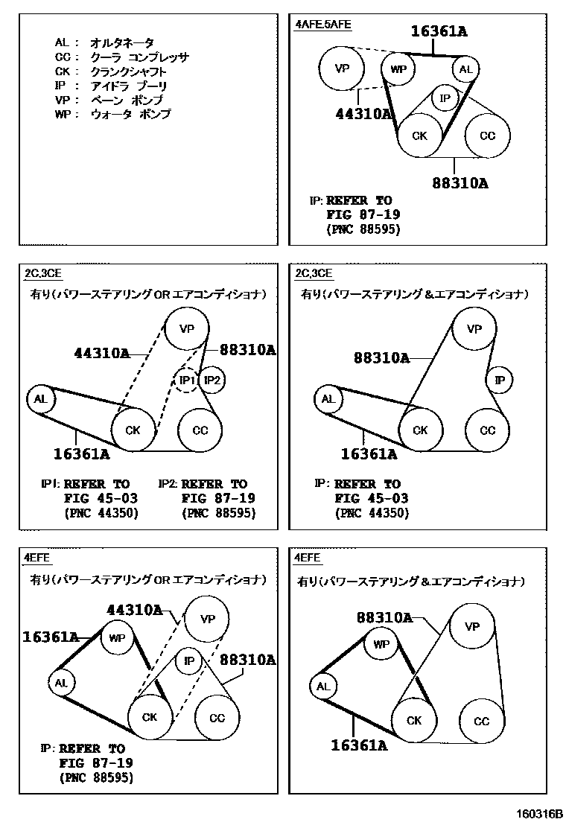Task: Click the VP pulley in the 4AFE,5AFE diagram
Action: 341,69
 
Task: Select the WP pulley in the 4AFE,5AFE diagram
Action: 399,70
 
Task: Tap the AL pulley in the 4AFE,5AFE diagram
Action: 465,70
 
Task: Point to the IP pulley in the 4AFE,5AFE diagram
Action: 445,98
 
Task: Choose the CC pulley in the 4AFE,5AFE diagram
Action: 487,136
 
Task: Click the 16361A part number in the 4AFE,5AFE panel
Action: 439,31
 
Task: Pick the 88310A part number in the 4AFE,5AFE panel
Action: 460,182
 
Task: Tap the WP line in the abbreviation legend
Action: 112,115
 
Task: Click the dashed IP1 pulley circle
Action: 186,380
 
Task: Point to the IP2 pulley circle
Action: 212,380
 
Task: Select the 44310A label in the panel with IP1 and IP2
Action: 102,353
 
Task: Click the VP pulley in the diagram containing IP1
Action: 186,328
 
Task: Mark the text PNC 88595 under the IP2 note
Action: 218,513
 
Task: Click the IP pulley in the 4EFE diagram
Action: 189,660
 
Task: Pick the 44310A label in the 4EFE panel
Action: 134,610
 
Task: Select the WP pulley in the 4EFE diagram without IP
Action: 381,644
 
